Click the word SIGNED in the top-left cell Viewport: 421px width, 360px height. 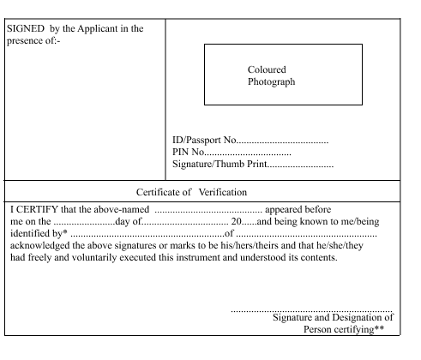pos(26,28)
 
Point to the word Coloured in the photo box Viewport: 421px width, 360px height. pos(267,69)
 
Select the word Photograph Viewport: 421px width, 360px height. pos(271,82)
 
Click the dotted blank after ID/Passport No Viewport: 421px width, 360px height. pos(282,142)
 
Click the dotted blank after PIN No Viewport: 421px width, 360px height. pos(248,154)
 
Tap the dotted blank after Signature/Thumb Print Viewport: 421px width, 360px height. pos(300,166)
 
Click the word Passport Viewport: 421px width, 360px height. pos(203,141)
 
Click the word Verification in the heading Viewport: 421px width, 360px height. pos(223,192)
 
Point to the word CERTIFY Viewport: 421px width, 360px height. pos(37,209)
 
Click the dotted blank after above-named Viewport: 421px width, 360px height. pos(208,212)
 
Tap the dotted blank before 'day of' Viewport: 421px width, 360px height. pos(84,224)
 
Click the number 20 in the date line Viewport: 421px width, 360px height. pos(236,221)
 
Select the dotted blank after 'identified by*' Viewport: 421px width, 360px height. pos(147,236)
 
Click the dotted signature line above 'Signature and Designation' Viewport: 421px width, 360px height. pos(311,311)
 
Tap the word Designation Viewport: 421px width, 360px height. pos(358,318)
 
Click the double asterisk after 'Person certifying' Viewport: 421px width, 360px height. pos(379,327)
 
